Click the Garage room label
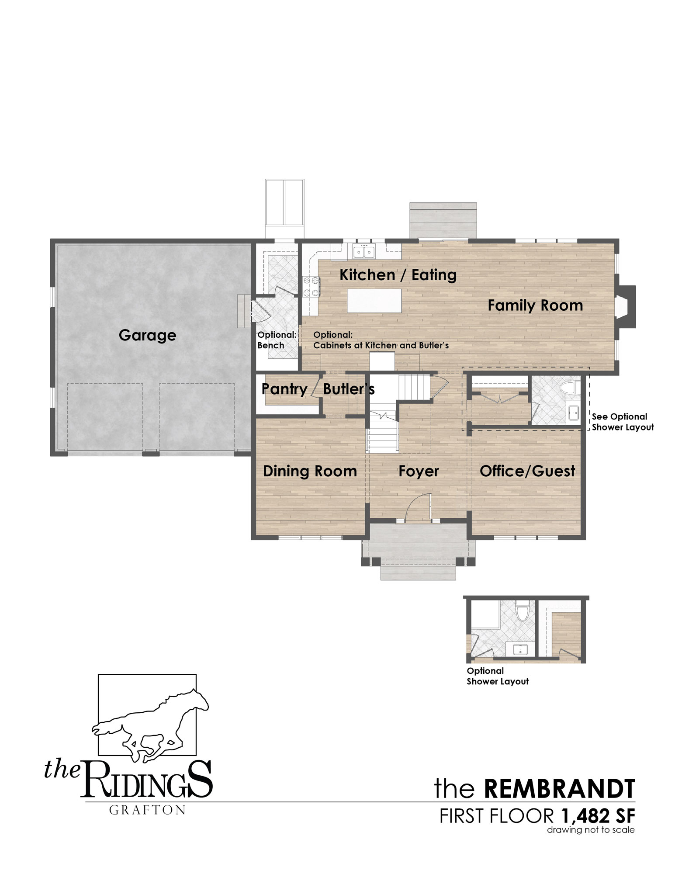coord(147,336)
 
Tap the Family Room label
coord(535,305)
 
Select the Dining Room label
coord(310,471)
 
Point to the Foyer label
coord(419,472)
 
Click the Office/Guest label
coord(527,471)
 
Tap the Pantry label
coord(284,389)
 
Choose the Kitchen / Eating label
coord(398,275)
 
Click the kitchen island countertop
coord(374,300)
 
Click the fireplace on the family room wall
coord(626,306)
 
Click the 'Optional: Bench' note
coord(277,340)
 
